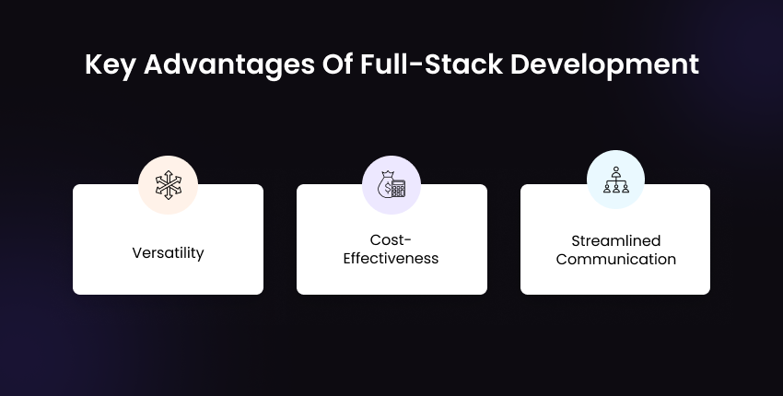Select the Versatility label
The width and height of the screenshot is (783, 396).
[168, 251]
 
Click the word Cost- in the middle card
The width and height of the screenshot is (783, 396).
[391, 241]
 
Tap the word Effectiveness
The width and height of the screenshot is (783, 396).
[391, 259]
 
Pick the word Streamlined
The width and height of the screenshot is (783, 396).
[615, 241]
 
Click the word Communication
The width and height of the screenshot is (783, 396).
[615, 259]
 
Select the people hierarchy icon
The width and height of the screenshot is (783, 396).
[615, 180]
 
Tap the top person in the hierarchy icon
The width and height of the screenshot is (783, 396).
[615, 170]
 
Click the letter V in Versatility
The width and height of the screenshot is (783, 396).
[136, 251]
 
